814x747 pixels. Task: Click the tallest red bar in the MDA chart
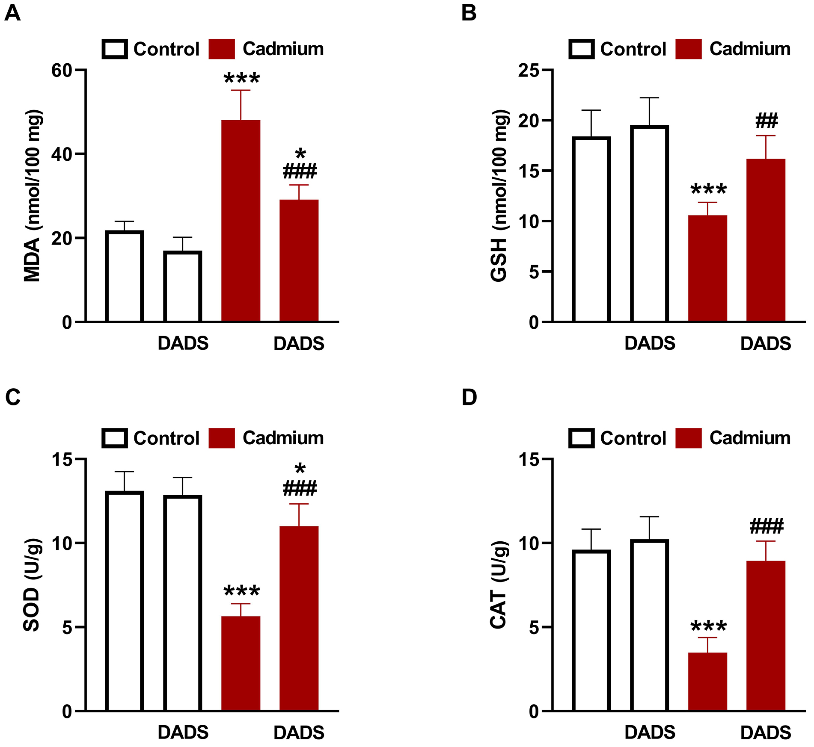[241, 220]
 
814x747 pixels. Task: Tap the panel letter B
[469, 13]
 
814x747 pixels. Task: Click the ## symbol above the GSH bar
[766, 121]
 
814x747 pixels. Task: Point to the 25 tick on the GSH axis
[529, 71]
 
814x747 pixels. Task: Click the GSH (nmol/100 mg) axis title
[499, 195]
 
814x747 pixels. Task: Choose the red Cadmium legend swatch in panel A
[222, 49]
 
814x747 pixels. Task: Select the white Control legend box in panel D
[582, 438]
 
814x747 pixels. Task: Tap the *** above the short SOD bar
[242, 592]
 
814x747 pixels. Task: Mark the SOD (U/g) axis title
[32, 585]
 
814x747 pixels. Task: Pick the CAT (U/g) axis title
[499, 585]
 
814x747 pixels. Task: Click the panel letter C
[13, 397]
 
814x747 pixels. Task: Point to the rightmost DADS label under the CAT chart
[766, 732]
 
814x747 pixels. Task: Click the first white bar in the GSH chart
[591, 229]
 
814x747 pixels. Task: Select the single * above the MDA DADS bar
[300, 154]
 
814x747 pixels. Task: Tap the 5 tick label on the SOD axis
[68, 628]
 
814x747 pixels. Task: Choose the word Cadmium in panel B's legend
[750, 49]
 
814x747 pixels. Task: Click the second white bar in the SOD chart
[183, 603]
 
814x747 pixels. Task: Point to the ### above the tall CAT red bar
[766, 526]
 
